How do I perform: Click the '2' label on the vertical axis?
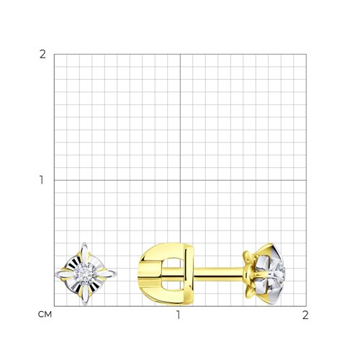tap(42, 55)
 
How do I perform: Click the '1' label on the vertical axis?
tap(42, 180)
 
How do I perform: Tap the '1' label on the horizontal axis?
tap(178, 315)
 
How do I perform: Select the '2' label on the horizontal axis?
tap(305, 315)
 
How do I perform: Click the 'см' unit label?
tap(45, 315)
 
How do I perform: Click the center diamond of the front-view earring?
tap(86, 274)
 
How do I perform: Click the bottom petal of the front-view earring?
tap(86, 294)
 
